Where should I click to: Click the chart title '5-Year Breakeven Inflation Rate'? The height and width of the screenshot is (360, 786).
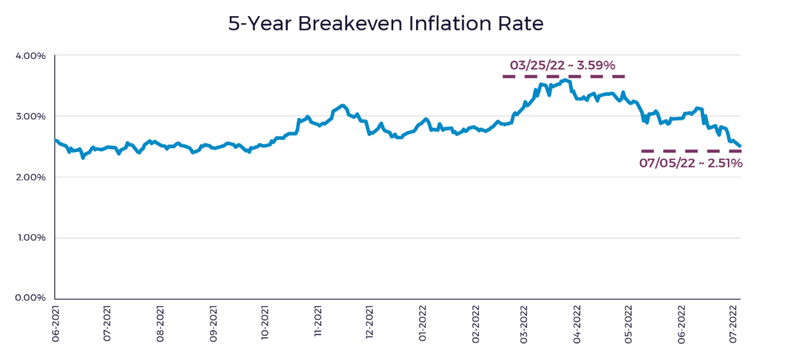point(386,24)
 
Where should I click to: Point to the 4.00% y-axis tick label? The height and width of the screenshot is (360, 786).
point(30,56)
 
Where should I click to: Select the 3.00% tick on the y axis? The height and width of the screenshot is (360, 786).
point(30,116)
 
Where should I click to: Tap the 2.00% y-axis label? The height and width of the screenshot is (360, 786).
point(30,177)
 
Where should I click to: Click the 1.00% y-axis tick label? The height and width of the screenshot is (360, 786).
point(31,237)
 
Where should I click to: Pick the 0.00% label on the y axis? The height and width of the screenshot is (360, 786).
point(30,298)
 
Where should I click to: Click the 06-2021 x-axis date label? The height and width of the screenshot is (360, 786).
point(55,324)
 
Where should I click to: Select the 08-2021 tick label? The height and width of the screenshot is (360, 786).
point(160,324)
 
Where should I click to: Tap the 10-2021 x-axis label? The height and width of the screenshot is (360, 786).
point(265,323)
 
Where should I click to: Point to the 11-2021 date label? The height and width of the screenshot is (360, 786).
point(317,321)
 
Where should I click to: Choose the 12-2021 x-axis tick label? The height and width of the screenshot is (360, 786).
point(369,322)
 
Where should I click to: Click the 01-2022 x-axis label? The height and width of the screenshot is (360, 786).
point(422,323)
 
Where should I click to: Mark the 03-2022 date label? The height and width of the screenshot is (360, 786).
point(523,325)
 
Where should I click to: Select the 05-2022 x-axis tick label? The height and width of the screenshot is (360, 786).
point(628,325)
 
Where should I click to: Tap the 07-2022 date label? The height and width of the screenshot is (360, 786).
point(733,324)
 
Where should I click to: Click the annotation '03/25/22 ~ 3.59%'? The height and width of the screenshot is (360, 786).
point(563,65)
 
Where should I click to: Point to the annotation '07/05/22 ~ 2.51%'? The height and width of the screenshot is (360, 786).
point(691,163)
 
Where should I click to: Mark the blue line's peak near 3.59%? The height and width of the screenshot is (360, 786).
point(565,80)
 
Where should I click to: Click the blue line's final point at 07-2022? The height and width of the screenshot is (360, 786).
point(740,146)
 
